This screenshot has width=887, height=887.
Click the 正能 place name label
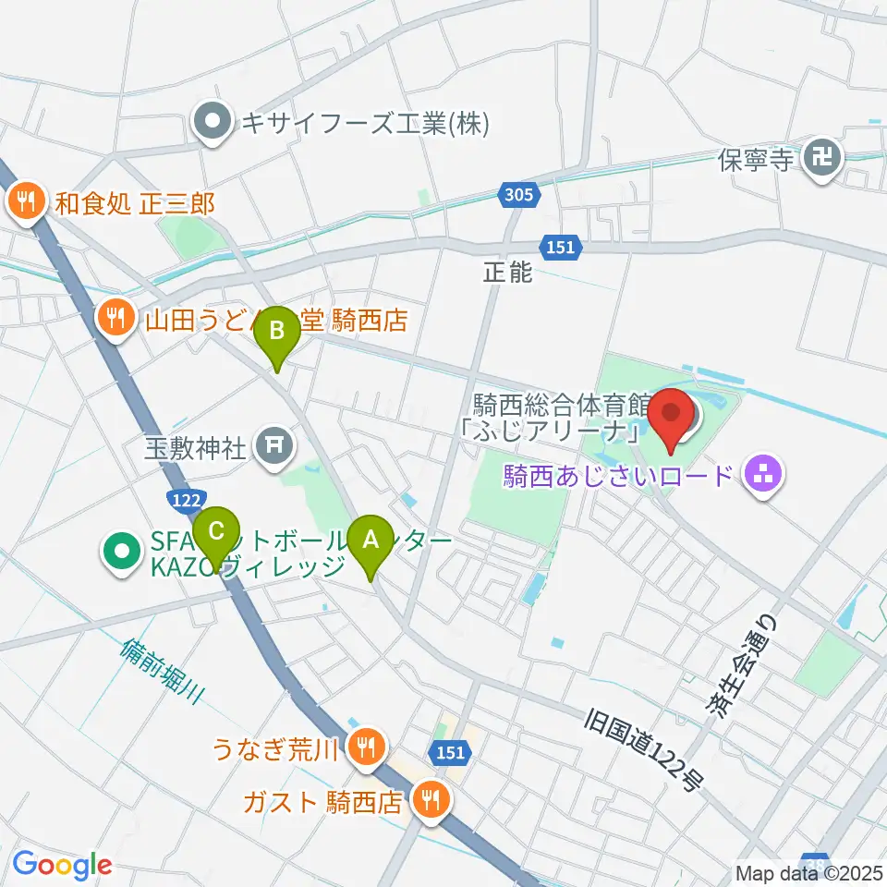pyautogui.click(x=507, y=273)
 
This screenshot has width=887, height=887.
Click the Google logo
pyautogui.click(x=62, y=866)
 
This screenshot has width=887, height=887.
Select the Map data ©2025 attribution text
pyautogui.click(x=809, y=872)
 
